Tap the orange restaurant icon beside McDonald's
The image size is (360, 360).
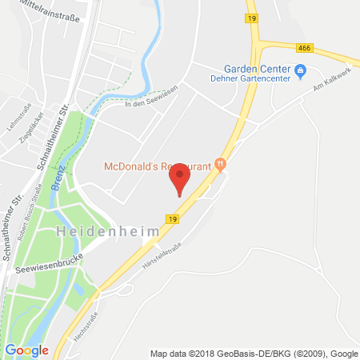(221, 166)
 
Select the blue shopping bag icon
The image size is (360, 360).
(300, 71)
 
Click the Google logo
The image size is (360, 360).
(26, 350)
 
